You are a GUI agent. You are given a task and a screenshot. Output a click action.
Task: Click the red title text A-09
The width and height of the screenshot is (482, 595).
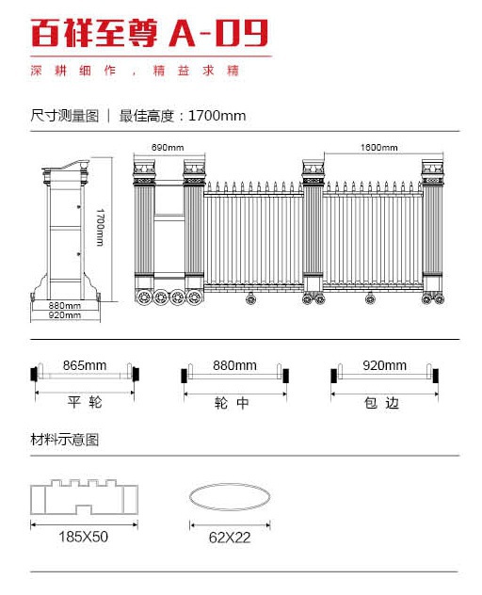coord(218,33)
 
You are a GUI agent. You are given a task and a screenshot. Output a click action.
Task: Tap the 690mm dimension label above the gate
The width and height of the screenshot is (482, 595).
coord(168,147)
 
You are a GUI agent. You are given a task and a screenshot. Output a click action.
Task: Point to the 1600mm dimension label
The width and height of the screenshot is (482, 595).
coord(378,147)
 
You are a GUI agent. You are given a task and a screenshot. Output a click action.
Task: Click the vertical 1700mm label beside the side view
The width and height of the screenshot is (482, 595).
coord(100,227)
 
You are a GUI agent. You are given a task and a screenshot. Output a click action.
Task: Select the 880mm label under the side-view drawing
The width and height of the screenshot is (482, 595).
coord(65,305)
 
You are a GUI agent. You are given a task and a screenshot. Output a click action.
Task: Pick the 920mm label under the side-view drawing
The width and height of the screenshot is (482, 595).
coord(65,315)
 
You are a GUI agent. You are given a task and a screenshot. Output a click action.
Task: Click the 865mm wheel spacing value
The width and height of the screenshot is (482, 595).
coord(85,365)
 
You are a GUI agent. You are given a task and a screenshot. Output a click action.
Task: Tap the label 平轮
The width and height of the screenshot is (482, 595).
coord(85,402)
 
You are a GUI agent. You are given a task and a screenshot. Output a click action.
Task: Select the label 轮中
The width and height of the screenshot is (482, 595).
coord(232,403)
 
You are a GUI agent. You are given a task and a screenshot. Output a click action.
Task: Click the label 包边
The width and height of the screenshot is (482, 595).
coord(382,403)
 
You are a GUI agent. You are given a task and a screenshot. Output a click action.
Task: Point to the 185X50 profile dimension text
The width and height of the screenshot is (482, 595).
coord(83,537)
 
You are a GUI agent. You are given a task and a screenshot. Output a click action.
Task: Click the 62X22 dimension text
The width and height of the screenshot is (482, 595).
coord(230,538)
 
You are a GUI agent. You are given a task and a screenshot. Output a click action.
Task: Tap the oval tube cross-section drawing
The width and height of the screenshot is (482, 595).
coord(230,484)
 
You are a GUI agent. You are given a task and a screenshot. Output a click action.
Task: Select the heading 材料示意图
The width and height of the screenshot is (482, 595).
coord(65,440)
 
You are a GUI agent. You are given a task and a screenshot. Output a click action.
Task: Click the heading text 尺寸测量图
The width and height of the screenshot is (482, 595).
coord(65,116)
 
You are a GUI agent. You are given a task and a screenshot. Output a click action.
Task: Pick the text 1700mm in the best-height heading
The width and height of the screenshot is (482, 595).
coord(217,116)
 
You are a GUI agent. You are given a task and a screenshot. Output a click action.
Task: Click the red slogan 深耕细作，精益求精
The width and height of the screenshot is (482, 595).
coord(135,71)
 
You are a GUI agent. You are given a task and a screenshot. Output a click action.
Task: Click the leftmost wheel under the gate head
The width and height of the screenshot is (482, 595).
coord(145,297)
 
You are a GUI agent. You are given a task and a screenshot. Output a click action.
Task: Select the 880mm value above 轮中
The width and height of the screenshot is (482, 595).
coord(234,365)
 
